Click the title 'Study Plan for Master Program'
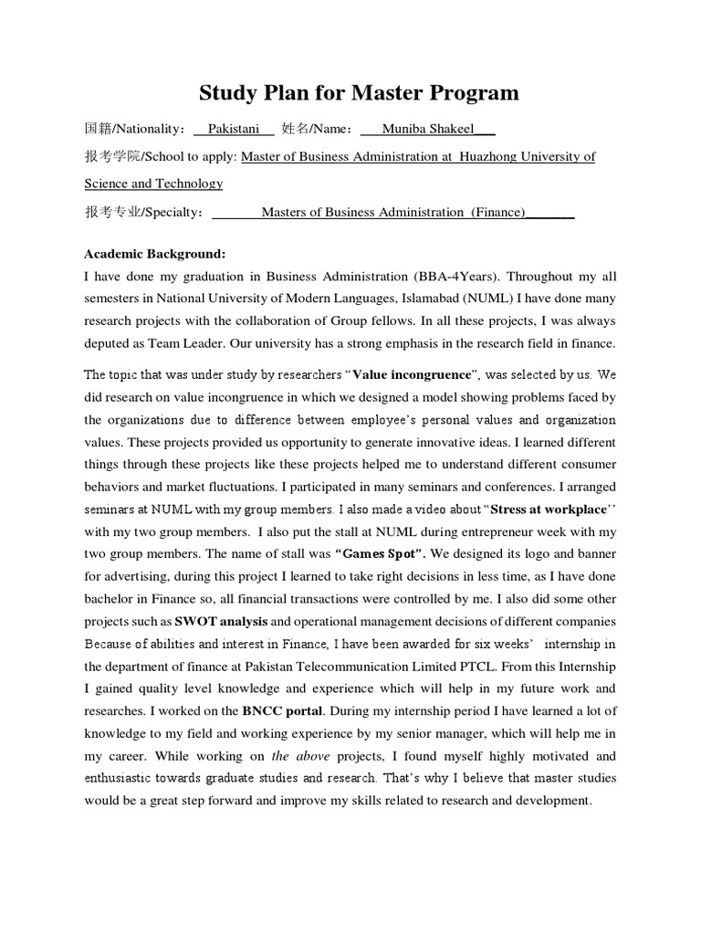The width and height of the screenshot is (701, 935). point(359,92)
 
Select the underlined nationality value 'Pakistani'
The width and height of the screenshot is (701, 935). point(234,129)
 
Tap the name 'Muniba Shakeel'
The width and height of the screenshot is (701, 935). point(427,129)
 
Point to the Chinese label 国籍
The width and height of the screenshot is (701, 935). point(97,129)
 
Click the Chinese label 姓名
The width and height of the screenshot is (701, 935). point(294,129)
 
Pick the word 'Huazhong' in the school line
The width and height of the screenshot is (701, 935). point(499,156)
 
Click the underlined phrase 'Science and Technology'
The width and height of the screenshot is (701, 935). point(153,184)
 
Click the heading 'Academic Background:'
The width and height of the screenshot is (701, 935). point(154,253)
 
